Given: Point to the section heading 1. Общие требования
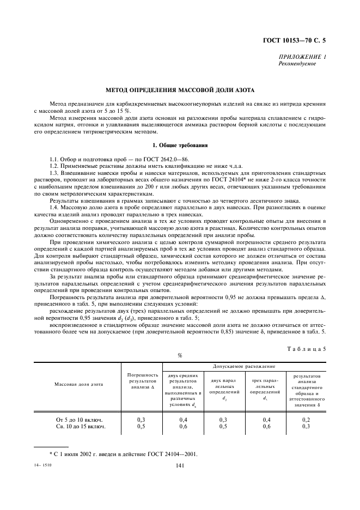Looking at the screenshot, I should [180, 145].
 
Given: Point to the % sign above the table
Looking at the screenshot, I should [180, 355].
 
